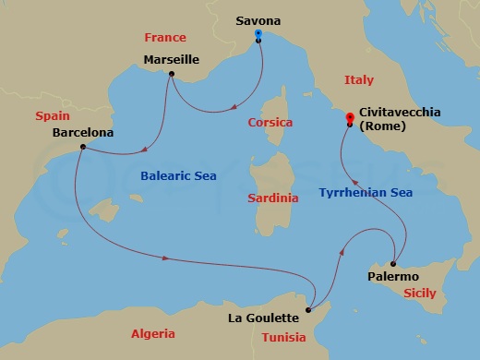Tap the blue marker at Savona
[x=258, y=34]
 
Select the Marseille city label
[x=172, y=59]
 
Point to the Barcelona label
[x=83, y=132]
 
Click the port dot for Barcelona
[x=83, y=147]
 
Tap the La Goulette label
[x=263, y=318]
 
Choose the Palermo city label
[x=393, y=276]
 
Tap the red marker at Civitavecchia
[x=349, y=117]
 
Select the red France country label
[x=165, y=38]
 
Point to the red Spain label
[x=53, y=116]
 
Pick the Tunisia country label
[x=283, y=337]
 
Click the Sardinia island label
[x=274, y=198]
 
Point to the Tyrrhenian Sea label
[x=366, y=192]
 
